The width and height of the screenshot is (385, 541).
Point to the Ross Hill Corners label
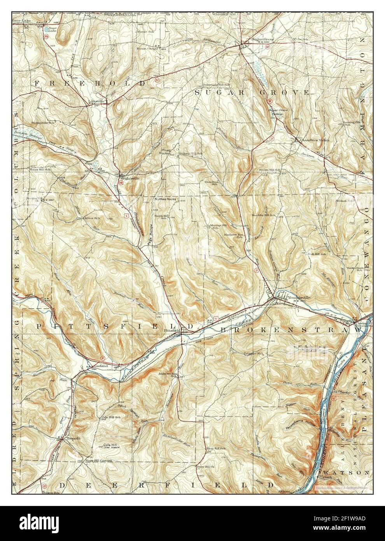coord(99,460)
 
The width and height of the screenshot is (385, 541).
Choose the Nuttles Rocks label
coord(165,199)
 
